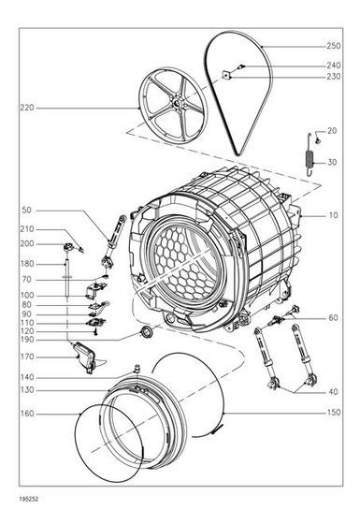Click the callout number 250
click(x=334, y=46)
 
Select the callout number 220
click(x=27, y=108)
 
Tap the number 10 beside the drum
click(x=333, y=215)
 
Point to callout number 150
click(x=334, y=413)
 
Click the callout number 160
click(x=27, y=414)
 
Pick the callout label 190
click(x=27, y=340)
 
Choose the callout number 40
click(x=333, y=391)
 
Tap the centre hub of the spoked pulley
click(x=176, y=104)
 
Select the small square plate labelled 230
click(x=225, y=75)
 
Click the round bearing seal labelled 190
click(x=146, y=332)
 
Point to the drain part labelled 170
click(x=85, y=357)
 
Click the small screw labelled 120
click(x=95, y=332)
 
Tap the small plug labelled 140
click(x=137, y=368)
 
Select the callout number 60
click(x=333, y=318)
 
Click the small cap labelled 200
click(x=68, y=248)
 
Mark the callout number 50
click(x=26, y=211)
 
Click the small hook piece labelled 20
click(x=318, y=141)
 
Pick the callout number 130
click(x=27, y=389)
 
